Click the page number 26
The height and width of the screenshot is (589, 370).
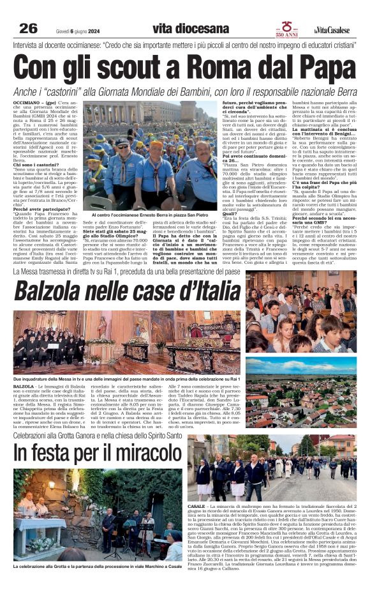(29, 28)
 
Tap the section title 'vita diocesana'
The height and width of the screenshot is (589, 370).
(190, 28)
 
